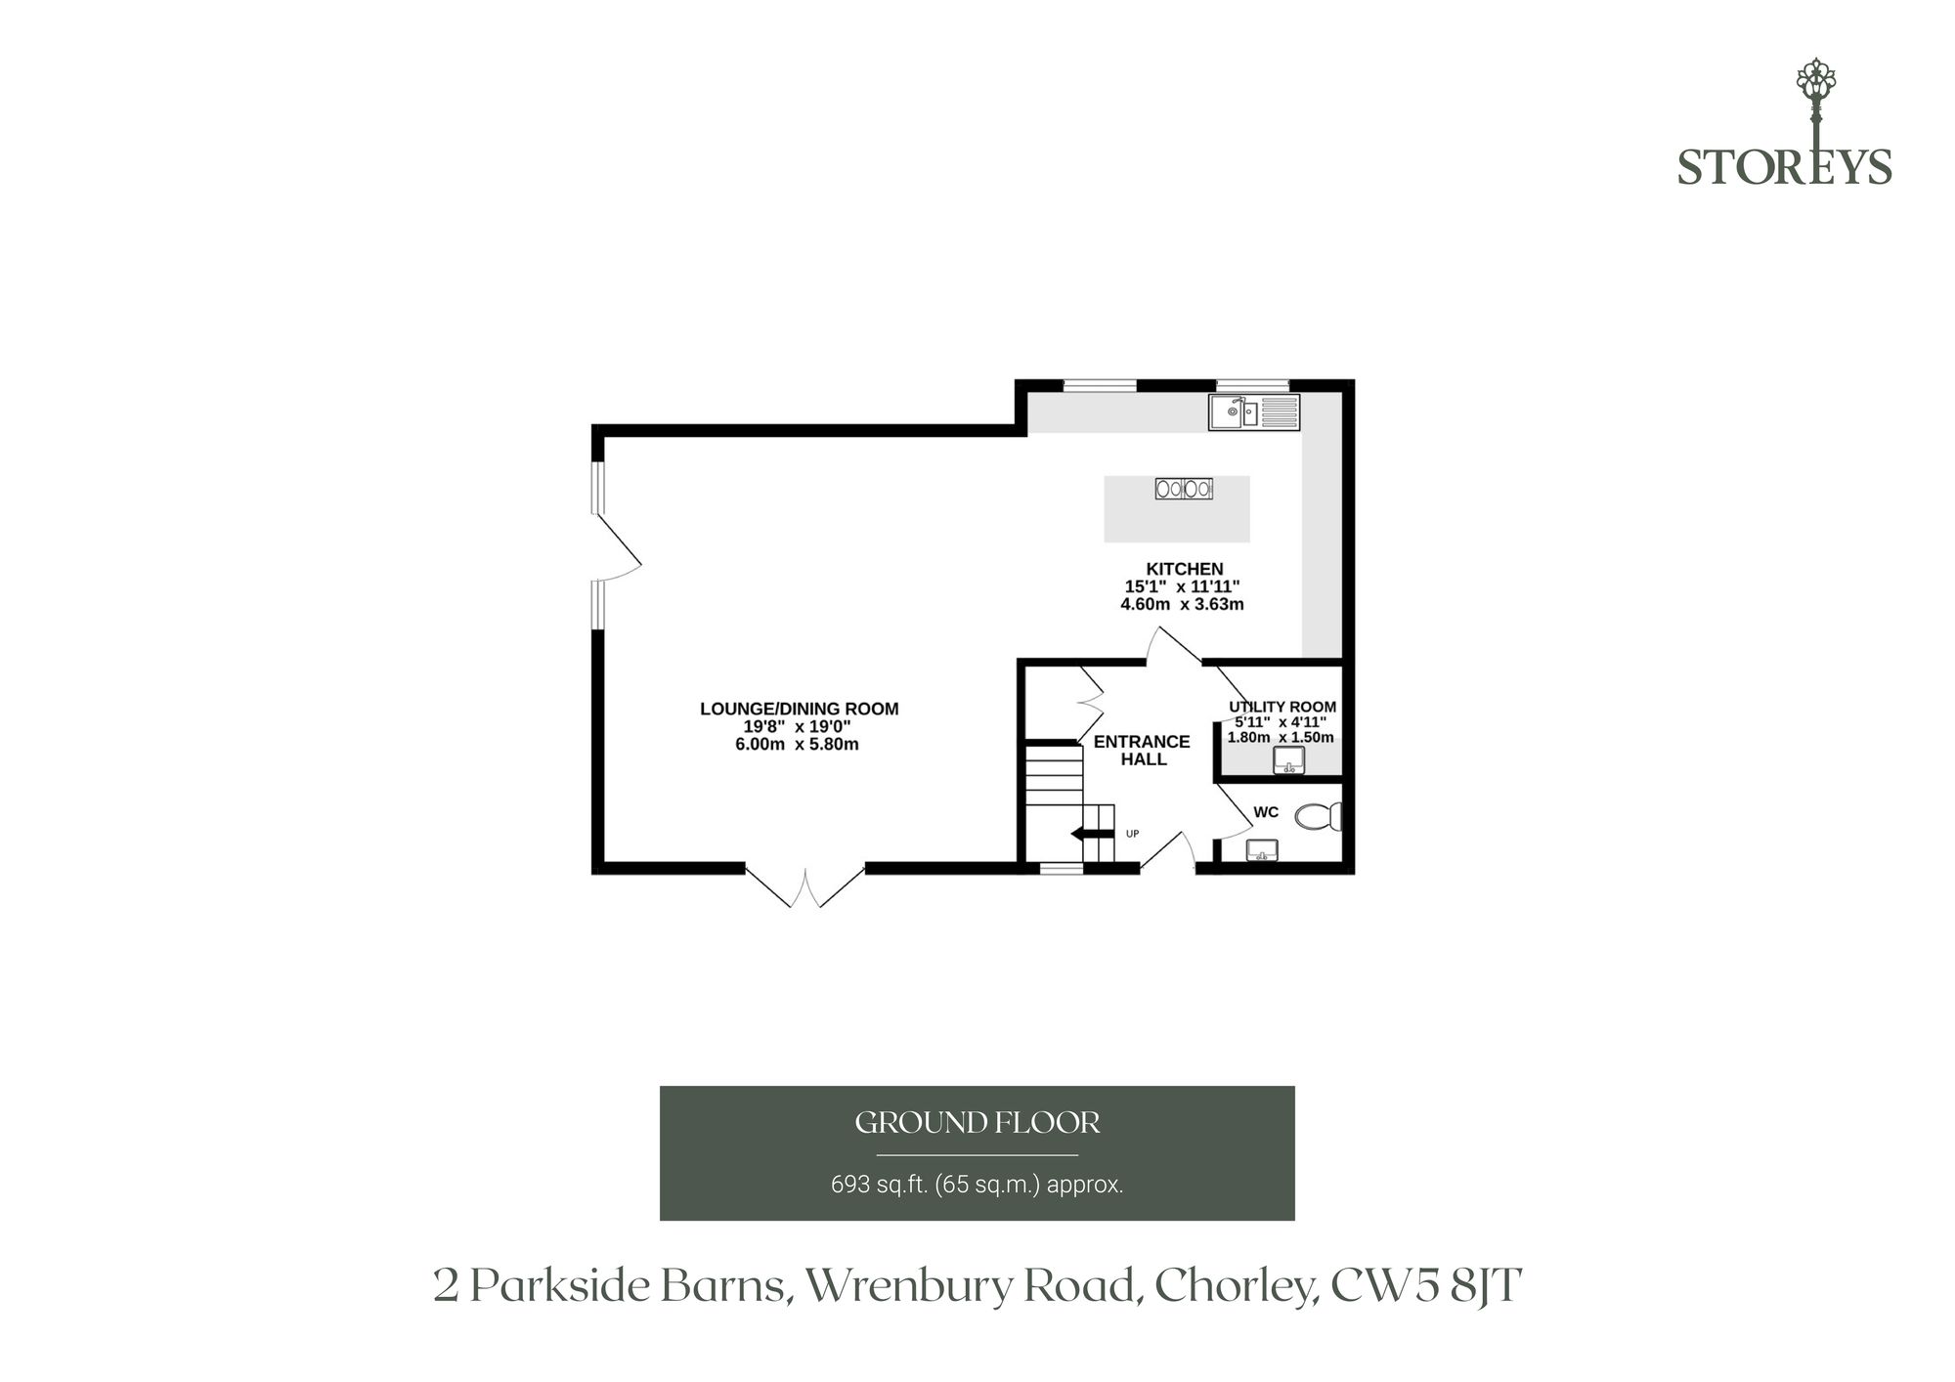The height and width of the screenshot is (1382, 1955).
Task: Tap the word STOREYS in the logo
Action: pos(1785,166)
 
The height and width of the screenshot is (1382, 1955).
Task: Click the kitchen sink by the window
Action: pos(1254,411)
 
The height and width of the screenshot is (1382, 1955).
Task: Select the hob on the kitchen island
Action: pos(1184,488)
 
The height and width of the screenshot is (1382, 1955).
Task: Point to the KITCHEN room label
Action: pos(1184,569)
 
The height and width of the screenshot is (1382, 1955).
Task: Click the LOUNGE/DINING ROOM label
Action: pos(799,709)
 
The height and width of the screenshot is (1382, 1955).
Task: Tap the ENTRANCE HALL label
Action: pos(1142,750)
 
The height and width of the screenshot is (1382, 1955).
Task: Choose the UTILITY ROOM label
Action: pos(1282,707)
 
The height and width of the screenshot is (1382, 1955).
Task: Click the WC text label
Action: pos(1266,812)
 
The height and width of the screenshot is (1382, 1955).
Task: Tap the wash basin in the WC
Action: pos(1263,850)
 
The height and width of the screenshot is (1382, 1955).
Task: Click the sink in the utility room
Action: pos(1289,760)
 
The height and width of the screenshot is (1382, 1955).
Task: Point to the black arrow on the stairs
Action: pos(1093,834)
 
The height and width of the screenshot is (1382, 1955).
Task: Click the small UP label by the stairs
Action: pos(1132,834)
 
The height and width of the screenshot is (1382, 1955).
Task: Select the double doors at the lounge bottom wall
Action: pos(805,885)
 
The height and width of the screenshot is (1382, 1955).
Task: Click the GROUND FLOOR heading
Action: pos(977,1123)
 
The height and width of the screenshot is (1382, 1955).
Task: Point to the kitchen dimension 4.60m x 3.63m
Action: pos(1182,604)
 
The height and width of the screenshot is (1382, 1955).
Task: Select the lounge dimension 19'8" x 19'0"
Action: pos(798,726)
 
